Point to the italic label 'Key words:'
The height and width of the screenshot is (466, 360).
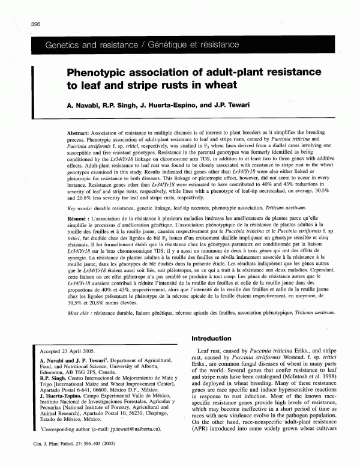coord(77,208)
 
